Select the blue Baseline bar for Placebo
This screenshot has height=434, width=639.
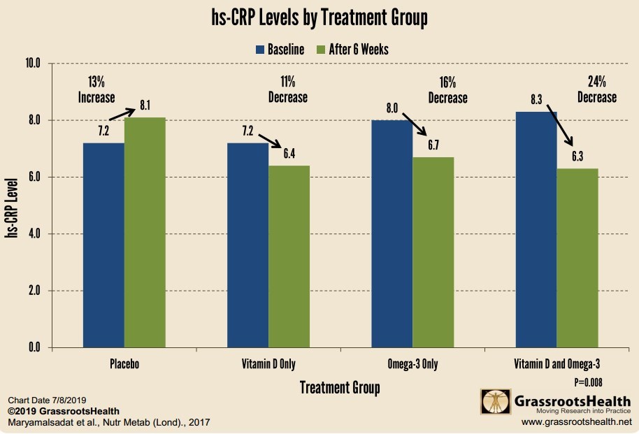click(x=103, y=245)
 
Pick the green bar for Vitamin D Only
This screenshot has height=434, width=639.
click(x=289, y=256)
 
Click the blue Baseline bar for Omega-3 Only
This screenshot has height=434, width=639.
click(x=392, y=233)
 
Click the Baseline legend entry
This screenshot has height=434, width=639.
click(x=280, y=50)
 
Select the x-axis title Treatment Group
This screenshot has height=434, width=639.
click(x=340, y=387)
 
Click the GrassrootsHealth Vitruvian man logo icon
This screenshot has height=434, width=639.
click(x=495, y=402)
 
